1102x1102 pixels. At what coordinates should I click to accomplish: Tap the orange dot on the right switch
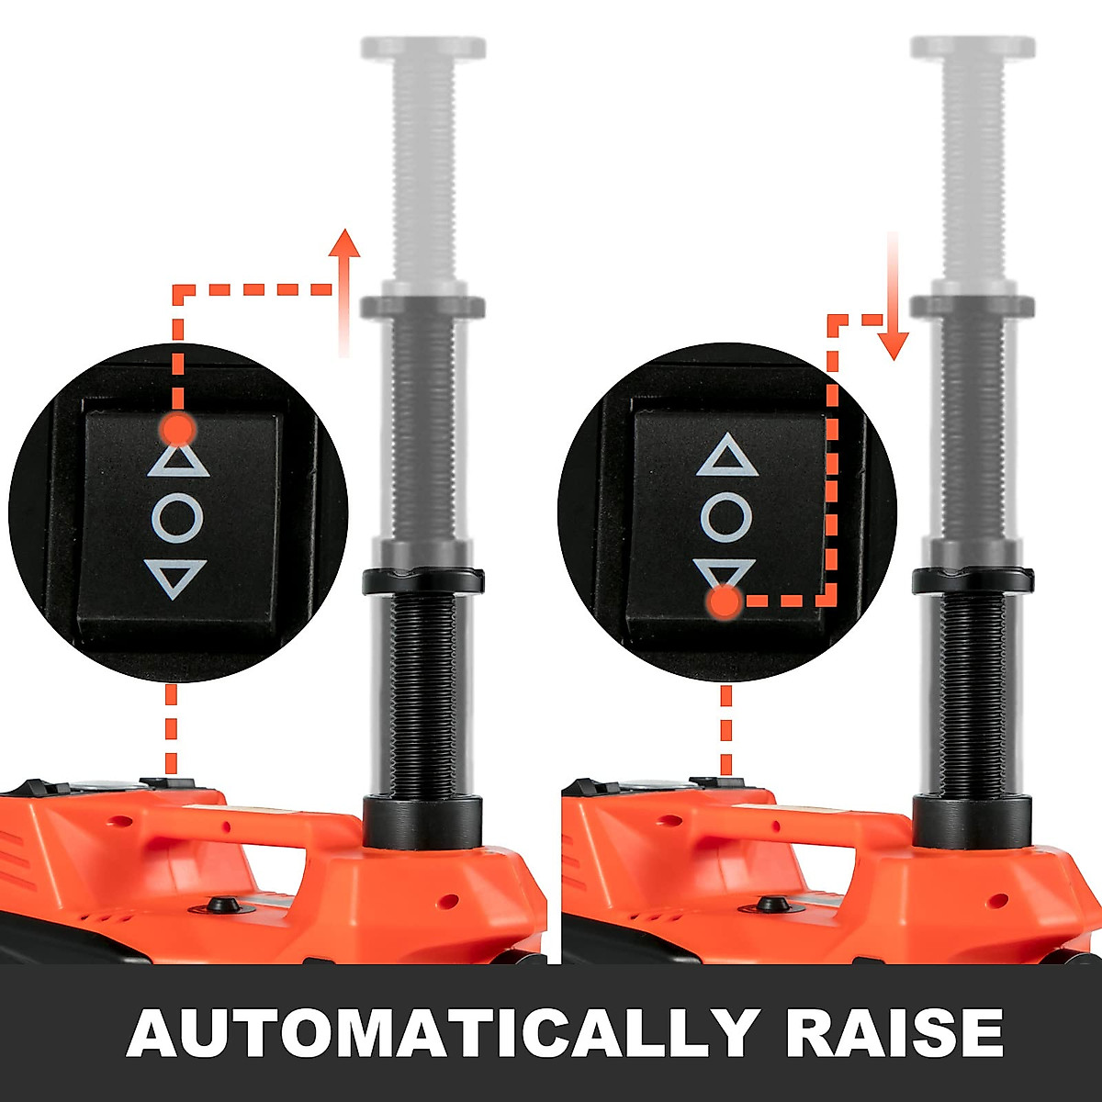pos(725,602)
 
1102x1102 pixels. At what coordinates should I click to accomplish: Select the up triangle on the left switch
pos(178,459)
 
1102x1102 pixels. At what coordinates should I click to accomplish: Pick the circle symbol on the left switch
pos(177,518)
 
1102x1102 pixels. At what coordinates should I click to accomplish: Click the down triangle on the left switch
pos(176,578)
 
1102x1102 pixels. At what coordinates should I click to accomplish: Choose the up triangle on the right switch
pos(727,456)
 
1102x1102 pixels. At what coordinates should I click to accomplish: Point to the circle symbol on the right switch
pos(726,516)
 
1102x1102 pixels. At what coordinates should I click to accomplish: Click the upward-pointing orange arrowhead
pos(345,245)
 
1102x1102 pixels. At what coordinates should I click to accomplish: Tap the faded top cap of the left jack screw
pos(422,48)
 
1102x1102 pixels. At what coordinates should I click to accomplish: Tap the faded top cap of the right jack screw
pos(973,48)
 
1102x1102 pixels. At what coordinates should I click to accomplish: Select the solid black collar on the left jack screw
pos(422,580)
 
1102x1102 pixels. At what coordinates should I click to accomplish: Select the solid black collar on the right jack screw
pos(973,579)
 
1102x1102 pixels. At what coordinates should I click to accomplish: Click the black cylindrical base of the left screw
pos(422,827)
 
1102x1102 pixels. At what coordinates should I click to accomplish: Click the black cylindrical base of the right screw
pos(972,826)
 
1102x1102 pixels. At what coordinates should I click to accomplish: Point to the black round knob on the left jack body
pos(221,905)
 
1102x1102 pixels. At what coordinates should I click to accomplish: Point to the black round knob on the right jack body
pos(770,905)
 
